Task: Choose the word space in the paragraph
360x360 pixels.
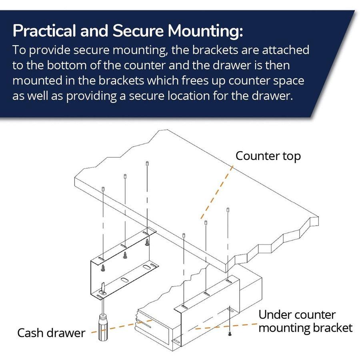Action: point(286,80)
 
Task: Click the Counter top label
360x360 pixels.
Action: point(268,156)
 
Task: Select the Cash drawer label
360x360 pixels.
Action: point(51,333)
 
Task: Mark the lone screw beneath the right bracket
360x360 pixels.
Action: point(230,333)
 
